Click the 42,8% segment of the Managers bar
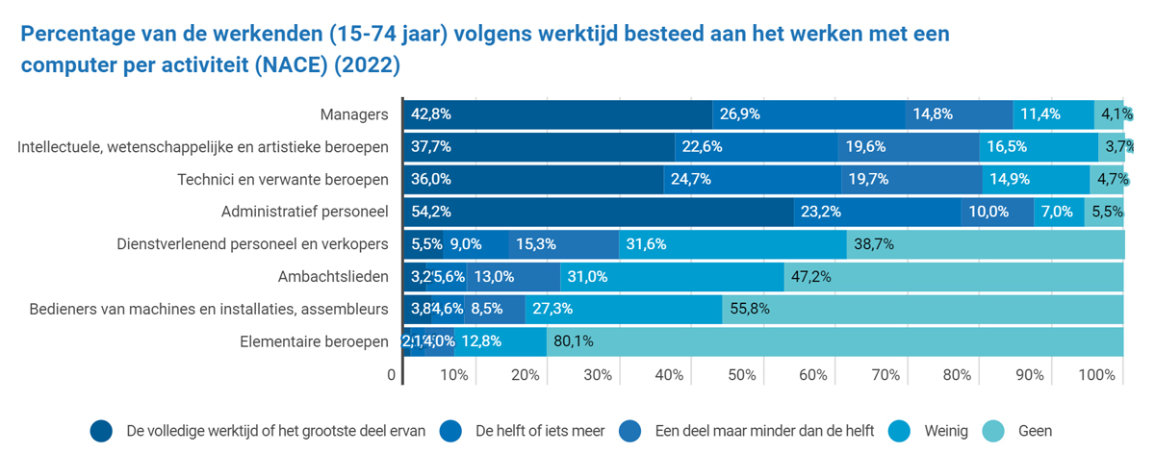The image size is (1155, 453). point(556,114)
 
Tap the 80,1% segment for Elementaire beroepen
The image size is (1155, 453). point(834,341)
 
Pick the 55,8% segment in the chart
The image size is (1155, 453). point(922,310)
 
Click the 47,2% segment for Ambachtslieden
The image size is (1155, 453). point(953,277)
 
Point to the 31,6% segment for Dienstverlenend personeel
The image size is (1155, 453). point(732,244)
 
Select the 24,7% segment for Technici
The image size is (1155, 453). point(753,180)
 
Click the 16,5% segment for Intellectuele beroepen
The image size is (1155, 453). point(1039,147)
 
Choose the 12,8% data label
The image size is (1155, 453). point(481,341)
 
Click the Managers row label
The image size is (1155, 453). point(354,114)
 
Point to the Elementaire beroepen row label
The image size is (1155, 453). point(315,341)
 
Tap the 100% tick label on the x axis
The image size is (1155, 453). point(1097,375)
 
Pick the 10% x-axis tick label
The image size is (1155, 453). point(454,375)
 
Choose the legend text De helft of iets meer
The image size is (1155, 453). point(540,431)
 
